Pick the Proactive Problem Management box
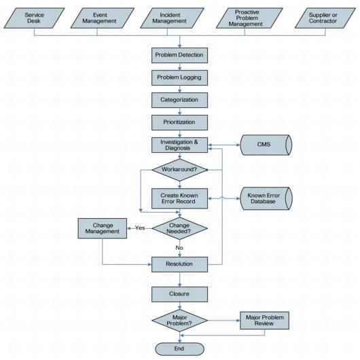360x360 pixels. click(x=249, y=18)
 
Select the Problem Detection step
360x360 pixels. click(x=179, y=54)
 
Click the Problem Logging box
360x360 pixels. click(x=179, y=77)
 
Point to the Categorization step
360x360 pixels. click(x=179, y=100)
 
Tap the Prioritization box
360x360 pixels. click(x=179, y=122)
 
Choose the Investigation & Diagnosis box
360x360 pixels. click(x=179, y=145)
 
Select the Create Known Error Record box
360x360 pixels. click(x=179, y=198)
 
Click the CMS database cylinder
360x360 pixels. click(x=265, y=145)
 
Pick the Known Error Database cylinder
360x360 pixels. click(x=265, y=198)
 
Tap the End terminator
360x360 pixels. click(x=179, y=348)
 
